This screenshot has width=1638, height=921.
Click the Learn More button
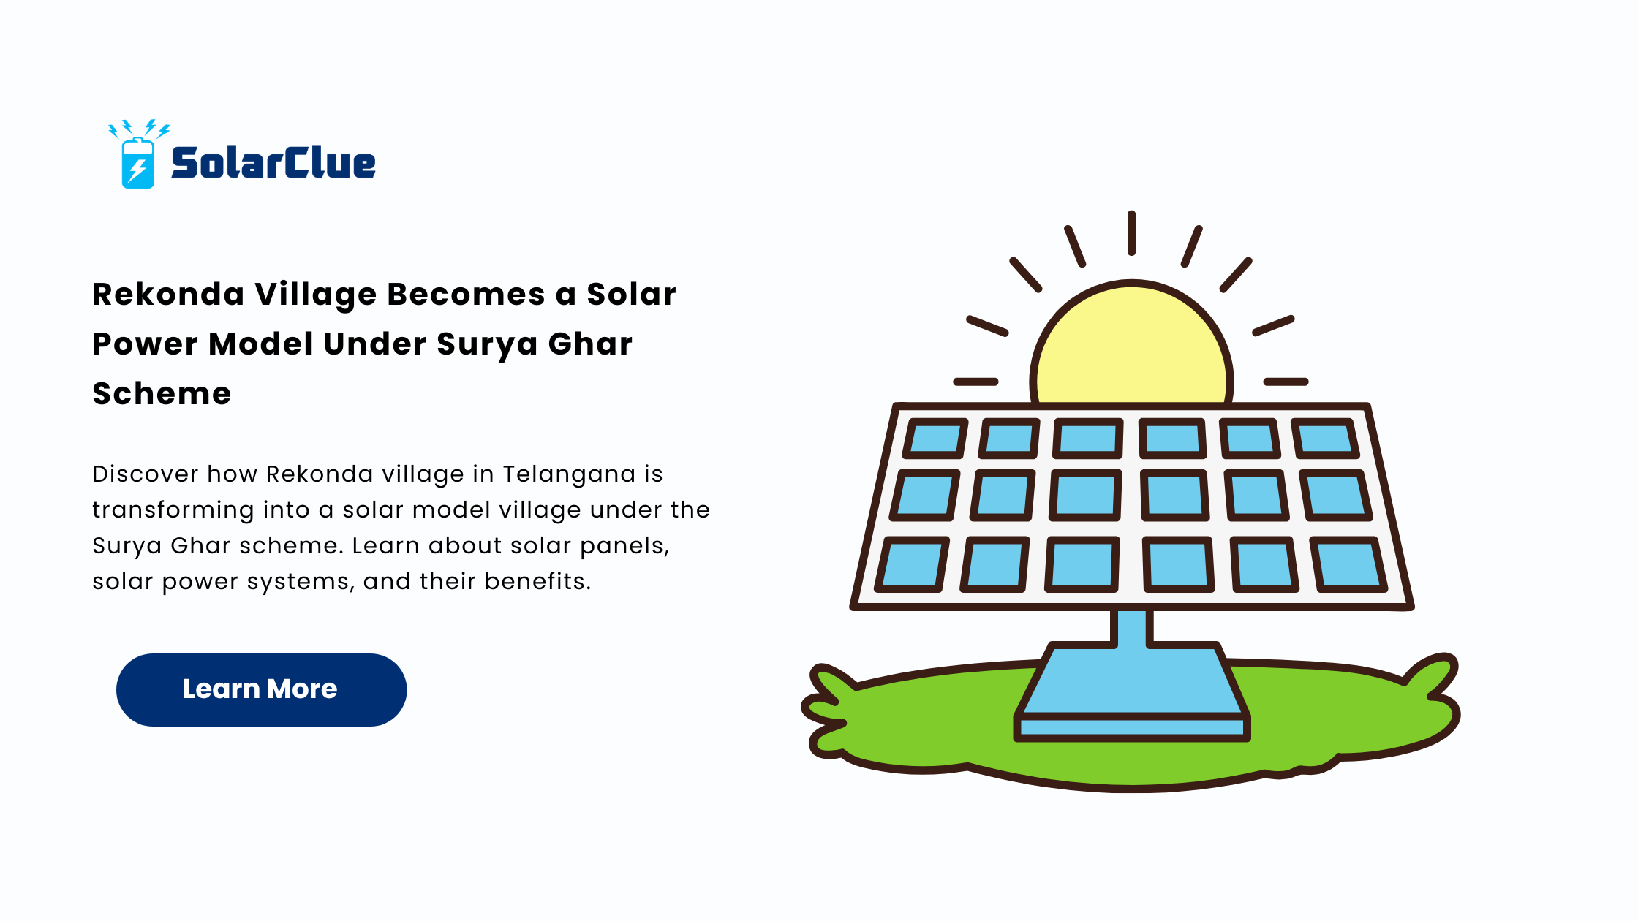[261, 689]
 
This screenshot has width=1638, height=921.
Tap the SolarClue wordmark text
[273, 162]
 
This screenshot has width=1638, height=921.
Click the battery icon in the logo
[138, 163]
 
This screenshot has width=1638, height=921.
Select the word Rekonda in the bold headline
[168, 295]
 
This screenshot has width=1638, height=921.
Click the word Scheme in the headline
[162, 394]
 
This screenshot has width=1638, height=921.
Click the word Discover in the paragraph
[146, 474]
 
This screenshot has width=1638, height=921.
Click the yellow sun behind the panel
[1131, 344]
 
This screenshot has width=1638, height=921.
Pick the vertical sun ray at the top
[1131, 233]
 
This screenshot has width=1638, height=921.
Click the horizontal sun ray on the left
[975, 382]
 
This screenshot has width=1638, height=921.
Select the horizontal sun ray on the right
[1286, 382]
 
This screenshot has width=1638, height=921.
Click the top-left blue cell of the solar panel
[935, 439]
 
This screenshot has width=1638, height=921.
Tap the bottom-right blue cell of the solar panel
[1348, 564]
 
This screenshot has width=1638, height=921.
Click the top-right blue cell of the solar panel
[1325, 439]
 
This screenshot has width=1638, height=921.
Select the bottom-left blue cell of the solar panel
[912, 564]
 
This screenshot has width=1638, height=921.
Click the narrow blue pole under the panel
[1132, 627]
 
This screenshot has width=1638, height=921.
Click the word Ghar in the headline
[590, 344]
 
